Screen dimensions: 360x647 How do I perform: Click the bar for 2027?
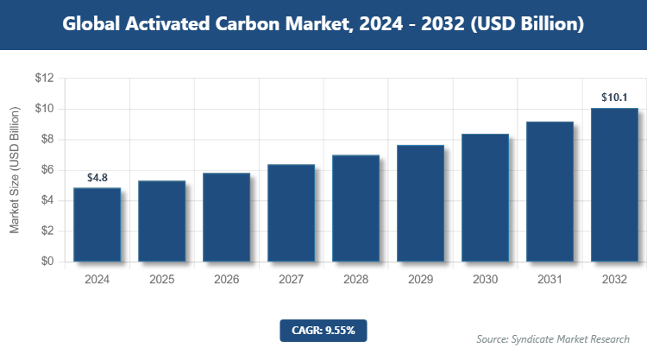point(291,212)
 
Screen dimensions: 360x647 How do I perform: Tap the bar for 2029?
point(420,203)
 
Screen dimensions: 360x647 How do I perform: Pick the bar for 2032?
point(614,185)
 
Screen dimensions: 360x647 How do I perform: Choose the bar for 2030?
point(485,198)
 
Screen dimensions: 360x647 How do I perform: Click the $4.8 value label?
point(97,178)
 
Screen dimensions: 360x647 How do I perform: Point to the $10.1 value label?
point(614,97)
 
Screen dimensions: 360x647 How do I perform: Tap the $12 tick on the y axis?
point(44,79)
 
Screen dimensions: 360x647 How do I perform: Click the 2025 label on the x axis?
point(161,280)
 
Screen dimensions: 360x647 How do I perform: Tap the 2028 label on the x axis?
point(355,280)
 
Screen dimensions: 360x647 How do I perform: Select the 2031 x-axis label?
point(550,280)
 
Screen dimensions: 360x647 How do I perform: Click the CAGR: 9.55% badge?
point(323,330)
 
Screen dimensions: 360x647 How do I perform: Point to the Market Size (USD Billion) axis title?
point(15,170)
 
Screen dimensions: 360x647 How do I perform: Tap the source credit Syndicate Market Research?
point(553,338)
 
